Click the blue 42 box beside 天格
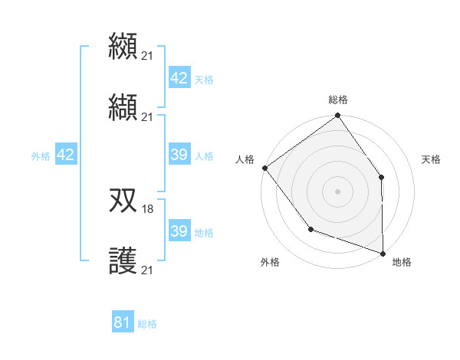[179, 78]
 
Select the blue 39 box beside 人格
[179, 155]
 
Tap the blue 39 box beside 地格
[179, 231]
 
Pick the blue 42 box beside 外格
[65, 155]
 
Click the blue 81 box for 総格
[123, 322]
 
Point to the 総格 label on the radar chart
[338, 100]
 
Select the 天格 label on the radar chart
[431, 159]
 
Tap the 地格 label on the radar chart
[402, 262]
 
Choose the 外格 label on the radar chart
[270, 262]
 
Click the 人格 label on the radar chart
[245, 159]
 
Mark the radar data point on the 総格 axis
[337, 116]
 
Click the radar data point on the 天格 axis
[382, 178]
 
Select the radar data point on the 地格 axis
[383, 253]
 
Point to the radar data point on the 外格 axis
[310, 229]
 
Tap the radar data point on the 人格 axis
[264, 168]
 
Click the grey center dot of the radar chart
[337, 191]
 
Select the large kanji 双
[123, 201]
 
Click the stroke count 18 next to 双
[148, 208]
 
